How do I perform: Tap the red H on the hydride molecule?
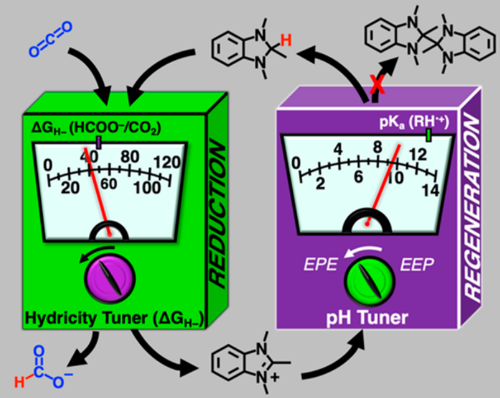point(285,39)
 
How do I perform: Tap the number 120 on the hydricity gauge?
point(166,162)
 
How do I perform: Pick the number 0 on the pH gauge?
point(297,163)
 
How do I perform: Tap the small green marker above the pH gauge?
point(428,136)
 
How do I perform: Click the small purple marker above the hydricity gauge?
point(99,143)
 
